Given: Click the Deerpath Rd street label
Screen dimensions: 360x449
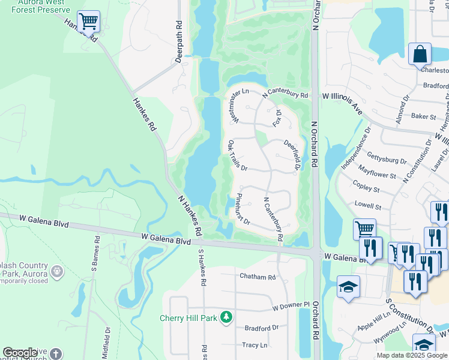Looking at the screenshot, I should click(178, 43).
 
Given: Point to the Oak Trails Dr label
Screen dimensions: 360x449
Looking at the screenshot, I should click(238, 157).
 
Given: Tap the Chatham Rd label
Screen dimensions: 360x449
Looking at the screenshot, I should click(257, 277).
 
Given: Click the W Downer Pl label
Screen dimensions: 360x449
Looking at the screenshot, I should click(291, 307).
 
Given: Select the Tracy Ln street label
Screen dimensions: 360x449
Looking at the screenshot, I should click(255, 345).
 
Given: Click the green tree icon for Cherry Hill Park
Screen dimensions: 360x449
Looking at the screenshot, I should click(226, 316).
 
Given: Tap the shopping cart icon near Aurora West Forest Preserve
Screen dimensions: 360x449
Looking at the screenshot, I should click(88, 22).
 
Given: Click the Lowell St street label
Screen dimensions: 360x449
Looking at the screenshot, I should click(368, 205).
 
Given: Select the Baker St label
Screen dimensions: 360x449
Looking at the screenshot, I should click(423, 116).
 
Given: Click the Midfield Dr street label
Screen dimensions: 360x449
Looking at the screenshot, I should click(108, 341).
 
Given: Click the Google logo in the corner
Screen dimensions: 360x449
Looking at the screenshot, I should click(20, 353).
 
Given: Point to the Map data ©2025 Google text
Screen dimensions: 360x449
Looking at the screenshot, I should click(411, 355).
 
